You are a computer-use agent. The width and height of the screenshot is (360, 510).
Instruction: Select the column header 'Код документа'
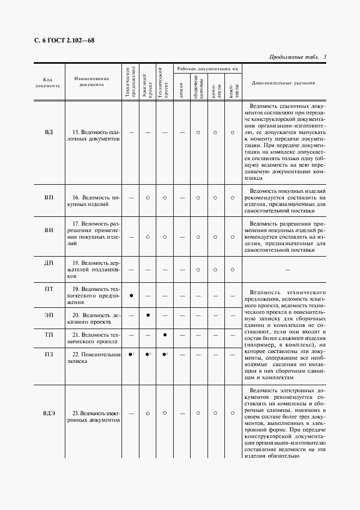(x=48, y=82)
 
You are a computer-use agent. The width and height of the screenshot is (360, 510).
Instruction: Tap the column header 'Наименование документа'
(x=91, y=82)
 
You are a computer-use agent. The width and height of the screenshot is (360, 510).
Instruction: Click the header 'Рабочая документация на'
(x=207, y=69)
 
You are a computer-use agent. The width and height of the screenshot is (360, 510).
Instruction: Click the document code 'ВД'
(x=48, y=132)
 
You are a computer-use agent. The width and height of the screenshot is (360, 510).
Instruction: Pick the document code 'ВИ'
(x=48, y=230)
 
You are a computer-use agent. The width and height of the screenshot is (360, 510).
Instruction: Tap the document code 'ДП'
(x=48, y=263)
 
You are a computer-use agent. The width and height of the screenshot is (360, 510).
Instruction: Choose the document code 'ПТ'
(x=48, y=289)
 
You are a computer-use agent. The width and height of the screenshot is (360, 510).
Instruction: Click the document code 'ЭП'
(x=48, y=315)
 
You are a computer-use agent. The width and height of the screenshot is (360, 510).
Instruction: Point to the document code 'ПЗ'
(x=48, y=354)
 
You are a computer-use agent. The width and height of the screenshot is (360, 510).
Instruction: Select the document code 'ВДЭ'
(x=48, y=414)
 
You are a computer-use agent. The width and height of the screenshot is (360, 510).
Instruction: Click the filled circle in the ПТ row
(x=131, y=295)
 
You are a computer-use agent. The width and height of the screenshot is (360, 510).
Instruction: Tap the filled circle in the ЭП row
(x=148, y=315)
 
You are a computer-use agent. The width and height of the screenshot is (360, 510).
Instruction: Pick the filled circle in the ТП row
(x=164, y=335)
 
